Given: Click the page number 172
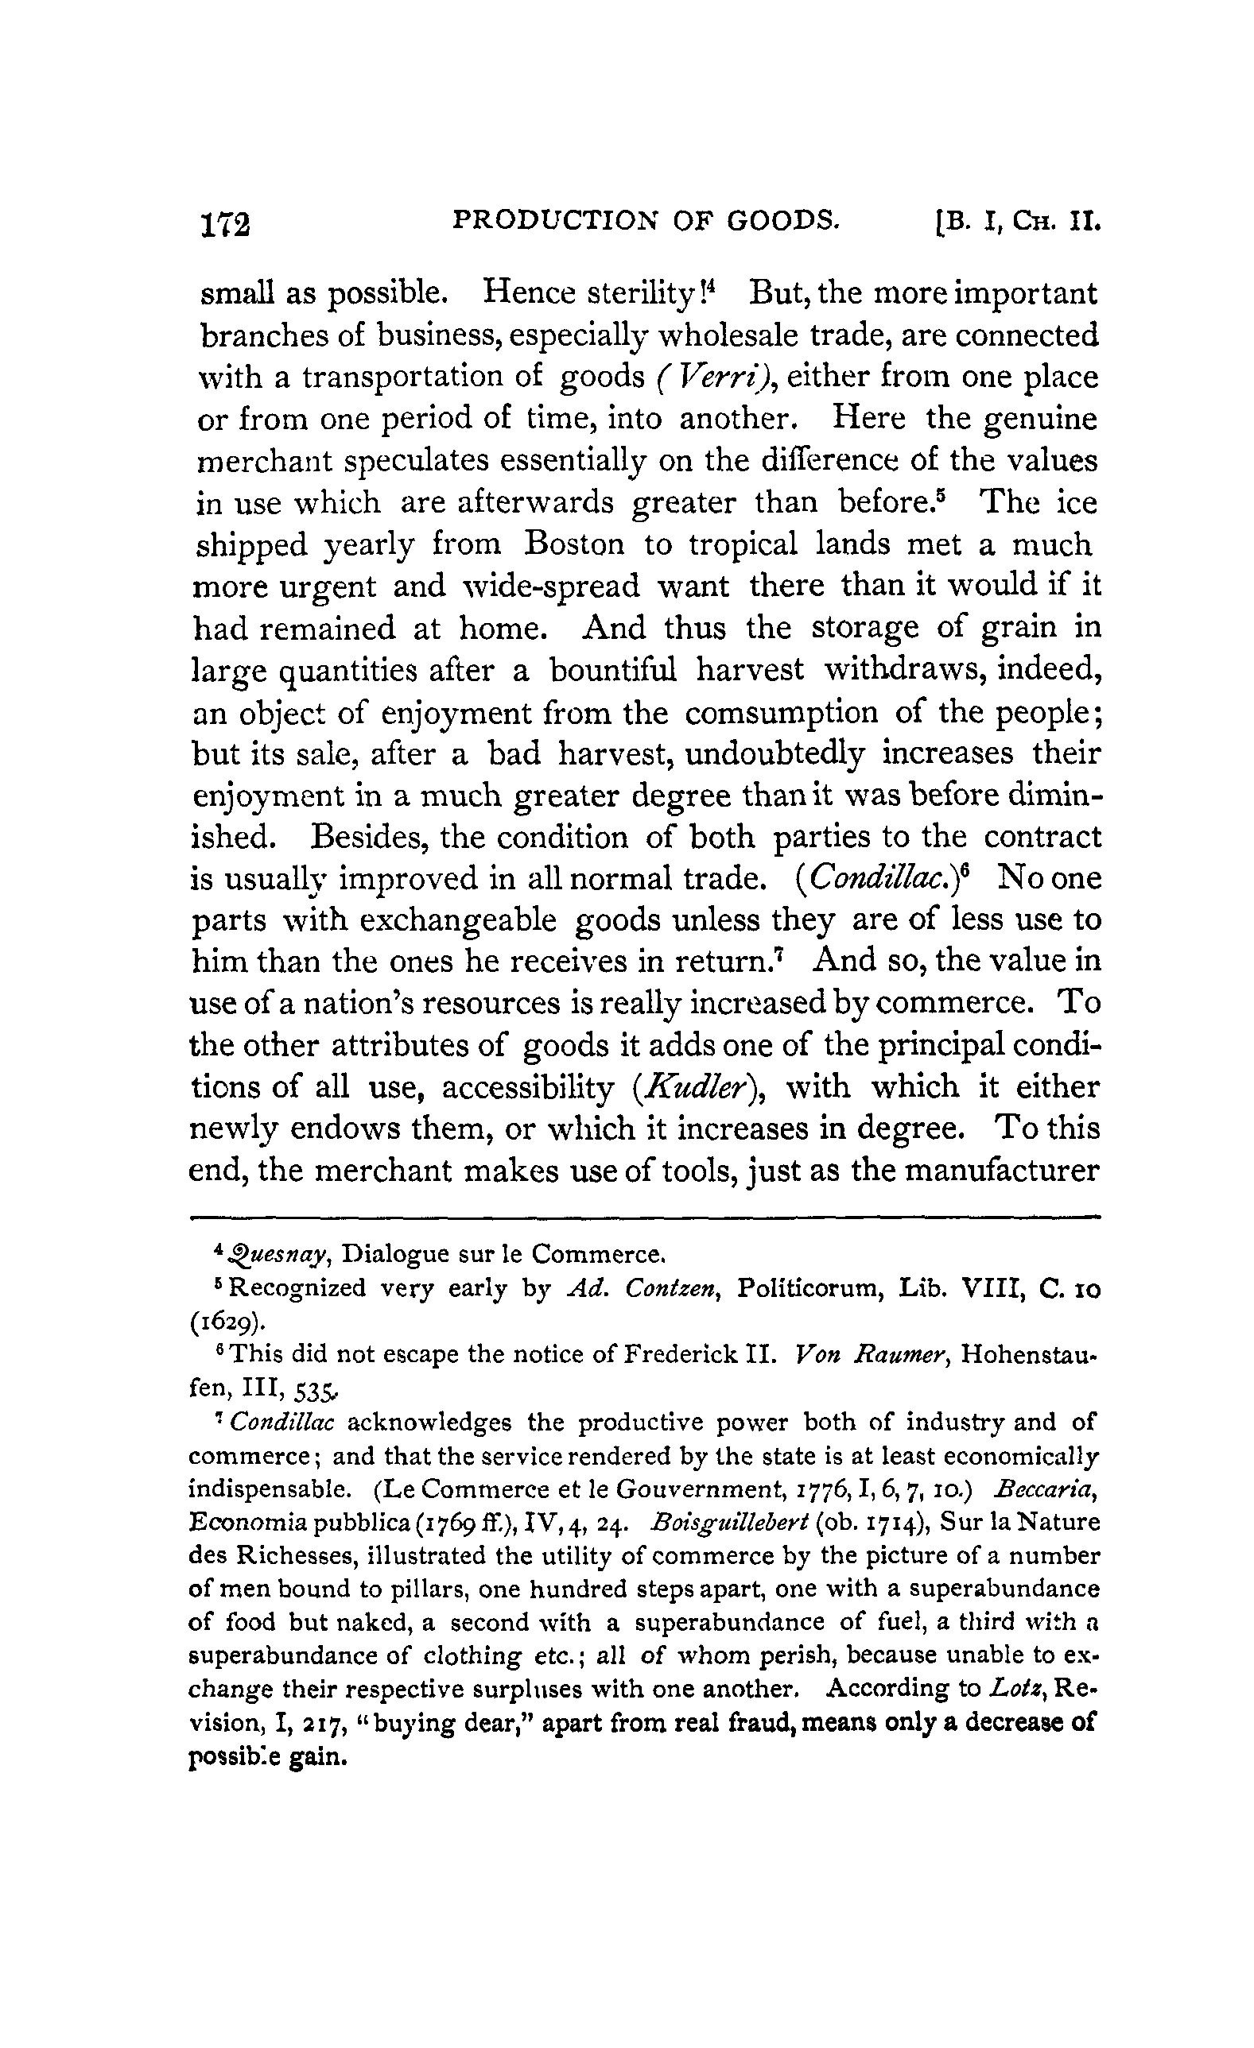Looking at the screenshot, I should pos(225,223).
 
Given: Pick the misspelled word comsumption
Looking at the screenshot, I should pos(781,713).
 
